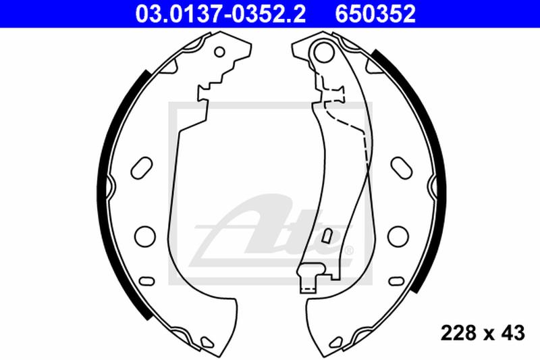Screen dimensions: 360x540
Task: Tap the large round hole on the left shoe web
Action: coord(144,235)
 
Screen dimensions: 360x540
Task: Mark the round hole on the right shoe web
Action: coord(397,235)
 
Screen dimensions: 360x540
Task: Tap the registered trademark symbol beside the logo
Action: coord(349,251)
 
